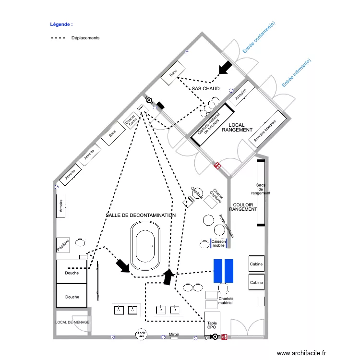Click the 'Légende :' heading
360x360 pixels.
pyautogui.click(x=61, y=24)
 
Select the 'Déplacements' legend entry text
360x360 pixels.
pyautogui.click(x=85, y=38)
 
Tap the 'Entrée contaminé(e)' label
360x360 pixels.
pyautogui.click(x=259, y=37)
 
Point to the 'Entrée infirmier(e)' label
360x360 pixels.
pyautogui.click(x=296, y=72)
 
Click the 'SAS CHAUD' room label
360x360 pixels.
pyautogui.click(x=205, y=89)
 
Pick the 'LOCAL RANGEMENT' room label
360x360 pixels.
pyautogui.click(x=237, y=127)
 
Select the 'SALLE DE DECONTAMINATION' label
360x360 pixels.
pyautogui.click(x=141, y=216)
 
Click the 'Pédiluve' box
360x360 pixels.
pyautogui.click(x=63, y=245)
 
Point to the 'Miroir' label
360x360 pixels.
pyautogui.click(x=174, y=334)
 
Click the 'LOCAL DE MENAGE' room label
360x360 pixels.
pyautogui.click(x=72, y=322)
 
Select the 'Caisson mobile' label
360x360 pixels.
pyautogui.click(x=218, y=243)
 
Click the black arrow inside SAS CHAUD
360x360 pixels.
pyautogui.click(x=224, y=68)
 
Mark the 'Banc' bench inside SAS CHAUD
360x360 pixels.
pyautogui.click(x=173, y=73)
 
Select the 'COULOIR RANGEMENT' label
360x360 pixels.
pyautogui.click(x=243, y=207)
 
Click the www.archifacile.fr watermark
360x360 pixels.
pyautogui.click(x=301, y=353)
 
